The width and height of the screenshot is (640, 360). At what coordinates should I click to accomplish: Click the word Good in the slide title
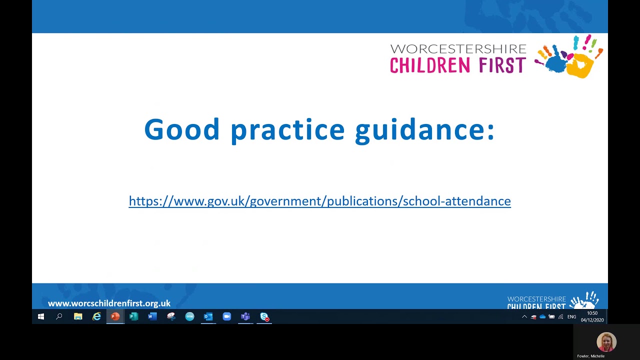click(x=181, y=129)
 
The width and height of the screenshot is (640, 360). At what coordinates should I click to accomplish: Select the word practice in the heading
click(x=287, y=129)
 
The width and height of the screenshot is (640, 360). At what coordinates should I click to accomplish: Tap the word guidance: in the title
click(x=424, y=129)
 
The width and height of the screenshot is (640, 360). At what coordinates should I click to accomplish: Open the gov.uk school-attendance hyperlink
click(x=319, y=201)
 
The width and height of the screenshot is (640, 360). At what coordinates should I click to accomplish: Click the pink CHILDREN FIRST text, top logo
click(x=457, y=65)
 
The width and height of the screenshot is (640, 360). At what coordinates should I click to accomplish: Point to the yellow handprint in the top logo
click(x=582, y=65)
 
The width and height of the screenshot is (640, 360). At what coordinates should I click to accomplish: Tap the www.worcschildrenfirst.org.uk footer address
click(x=109, y=303)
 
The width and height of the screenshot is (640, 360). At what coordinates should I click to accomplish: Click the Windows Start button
click(x=41, y=316)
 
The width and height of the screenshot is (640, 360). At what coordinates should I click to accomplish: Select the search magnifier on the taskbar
click(x=59, y=316)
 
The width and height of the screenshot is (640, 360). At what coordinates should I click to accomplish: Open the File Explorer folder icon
click(x=78, y=316)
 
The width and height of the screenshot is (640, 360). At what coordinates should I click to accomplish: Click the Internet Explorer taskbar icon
click(x=96, y=316)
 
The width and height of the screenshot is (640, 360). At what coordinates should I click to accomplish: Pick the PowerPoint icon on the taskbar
click(x=115, y=316)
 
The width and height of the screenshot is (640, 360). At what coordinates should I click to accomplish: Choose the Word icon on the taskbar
click(x=152, y=316)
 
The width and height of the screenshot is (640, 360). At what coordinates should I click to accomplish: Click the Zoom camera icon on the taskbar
click(x=227, y=316)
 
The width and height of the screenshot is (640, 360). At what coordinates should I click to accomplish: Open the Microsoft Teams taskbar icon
click(x=245, y=316)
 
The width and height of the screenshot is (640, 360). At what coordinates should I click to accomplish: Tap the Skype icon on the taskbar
click(x=264, y=316)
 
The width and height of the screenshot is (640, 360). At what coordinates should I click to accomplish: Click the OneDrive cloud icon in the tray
click(x=542, y=316)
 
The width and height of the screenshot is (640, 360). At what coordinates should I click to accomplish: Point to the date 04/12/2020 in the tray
click(x=592, y=320)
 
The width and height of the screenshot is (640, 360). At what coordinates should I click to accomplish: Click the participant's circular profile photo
click(x=606, y=342)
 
